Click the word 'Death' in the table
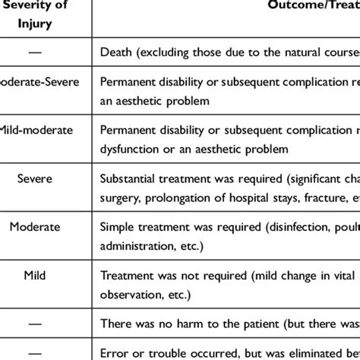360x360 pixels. click(116, 52)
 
